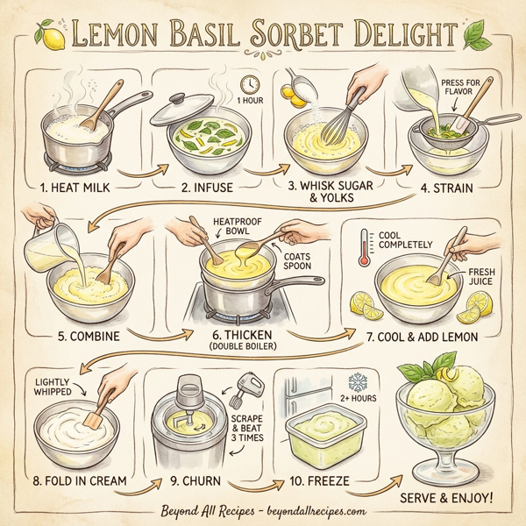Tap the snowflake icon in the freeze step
[358, 382]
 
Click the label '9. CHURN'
[194, 480]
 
